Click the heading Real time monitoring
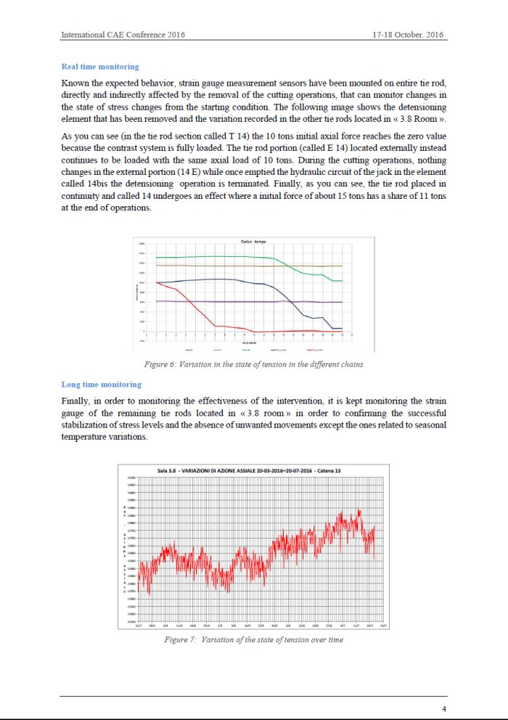tap(100, 67)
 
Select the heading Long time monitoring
tap(101, 384)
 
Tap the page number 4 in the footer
tap(443, 708)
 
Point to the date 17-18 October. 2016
tap(409, 35)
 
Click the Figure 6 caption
tap(254, 364)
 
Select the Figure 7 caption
tap(253, 639)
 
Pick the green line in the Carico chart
tap(218, 256)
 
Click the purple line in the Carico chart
tap(218, 301)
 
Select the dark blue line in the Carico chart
tap(218, 279)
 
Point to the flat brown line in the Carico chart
tap(218, 266)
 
